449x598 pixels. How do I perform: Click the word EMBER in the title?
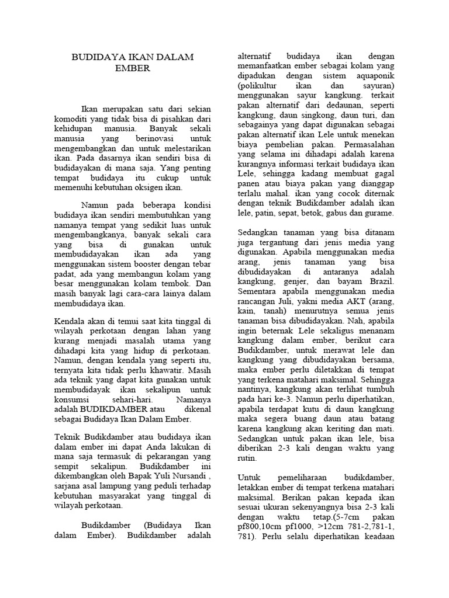click(133, 68)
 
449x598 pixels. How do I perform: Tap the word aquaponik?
click(377, 76)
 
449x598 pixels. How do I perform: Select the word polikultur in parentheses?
click(260, 85)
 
